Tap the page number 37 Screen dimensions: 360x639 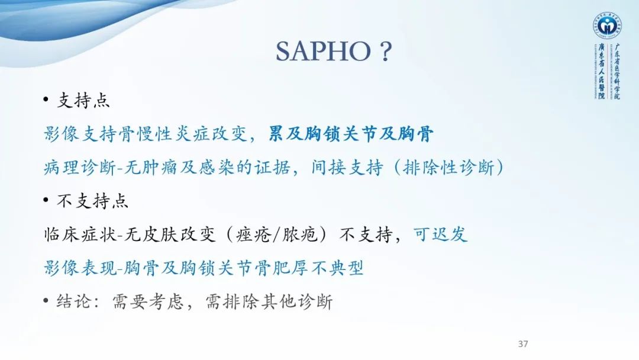(x=522, y=344)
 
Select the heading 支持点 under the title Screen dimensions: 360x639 (x=83, y=101)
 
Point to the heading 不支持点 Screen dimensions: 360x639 (x=92, y=201)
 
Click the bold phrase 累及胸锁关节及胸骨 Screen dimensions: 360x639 (x=351, y=134)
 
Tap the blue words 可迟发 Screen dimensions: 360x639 (x=441, y=235)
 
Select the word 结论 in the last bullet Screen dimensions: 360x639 (x=74, y=302)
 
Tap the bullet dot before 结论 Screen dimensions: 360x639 (x=46, y=302)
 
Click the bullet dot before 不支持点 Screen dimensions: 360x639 (x=46, y=201)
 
